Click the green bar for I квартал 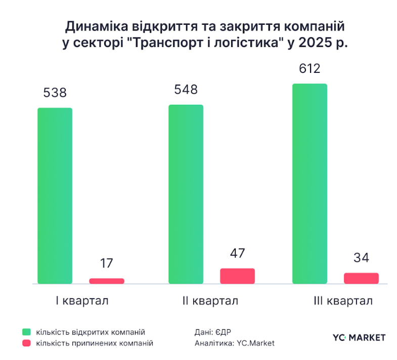55,195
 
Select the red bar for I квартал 107,281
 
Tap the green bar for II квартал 186,194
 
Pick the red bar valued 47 237,275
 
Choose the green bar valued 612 310,183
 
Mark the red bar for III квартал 361,278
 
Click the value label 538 55,93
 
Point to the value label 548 186,90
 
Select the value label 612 310,69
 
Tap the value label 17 107,263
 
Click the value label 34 361,258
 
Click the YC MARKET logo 359,337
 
